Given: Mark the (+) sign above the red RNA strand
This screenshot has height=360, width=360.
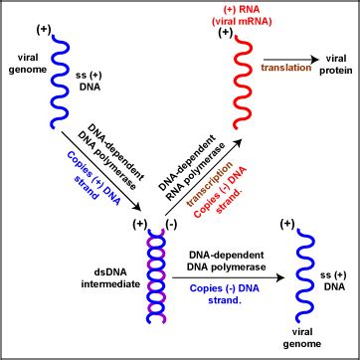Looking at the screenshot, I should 225,33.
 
